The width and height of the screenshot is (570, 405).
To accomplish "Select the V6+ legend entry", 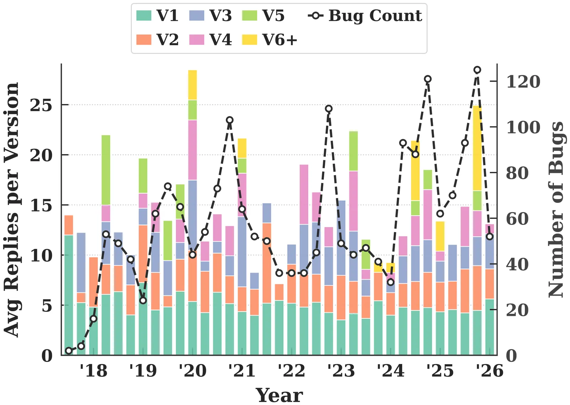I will (270, 40).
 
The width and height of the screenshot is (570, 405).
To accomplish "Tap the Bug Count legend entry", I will (366, 16).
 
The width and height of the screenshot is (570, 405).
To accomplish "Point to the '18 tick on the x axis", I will (93, 371).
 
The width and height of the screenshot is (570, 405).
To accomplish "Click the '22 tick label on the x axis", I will (291, 371).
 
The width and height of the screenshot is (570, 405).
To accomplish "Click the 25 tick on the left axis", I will (41, 105).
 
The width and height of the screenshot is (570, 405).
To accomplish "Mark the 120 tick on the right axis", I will (523, 82).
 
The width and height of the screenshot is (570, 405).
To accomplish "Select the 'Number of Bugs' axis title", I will (556, 210).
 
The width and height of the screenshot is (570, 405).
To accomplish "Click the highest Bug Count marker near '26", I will (477, 70).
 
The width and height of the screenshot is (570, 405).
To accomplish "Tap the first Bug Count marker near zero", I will (69, 351).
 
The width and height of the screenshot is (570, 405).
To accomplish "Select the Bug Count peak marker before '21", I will (230, 120).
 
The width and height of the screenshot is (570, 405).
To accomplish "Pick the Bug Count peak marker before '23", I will (329, 109).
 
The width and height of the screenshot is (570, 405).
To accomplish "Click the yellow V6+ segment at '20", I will (192, 85).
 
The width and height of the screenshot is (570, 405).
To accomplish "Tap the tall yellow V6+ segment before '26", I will (477, 148).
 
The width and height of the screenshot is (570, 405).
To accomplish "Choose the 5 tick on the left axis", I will (47, 306).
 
